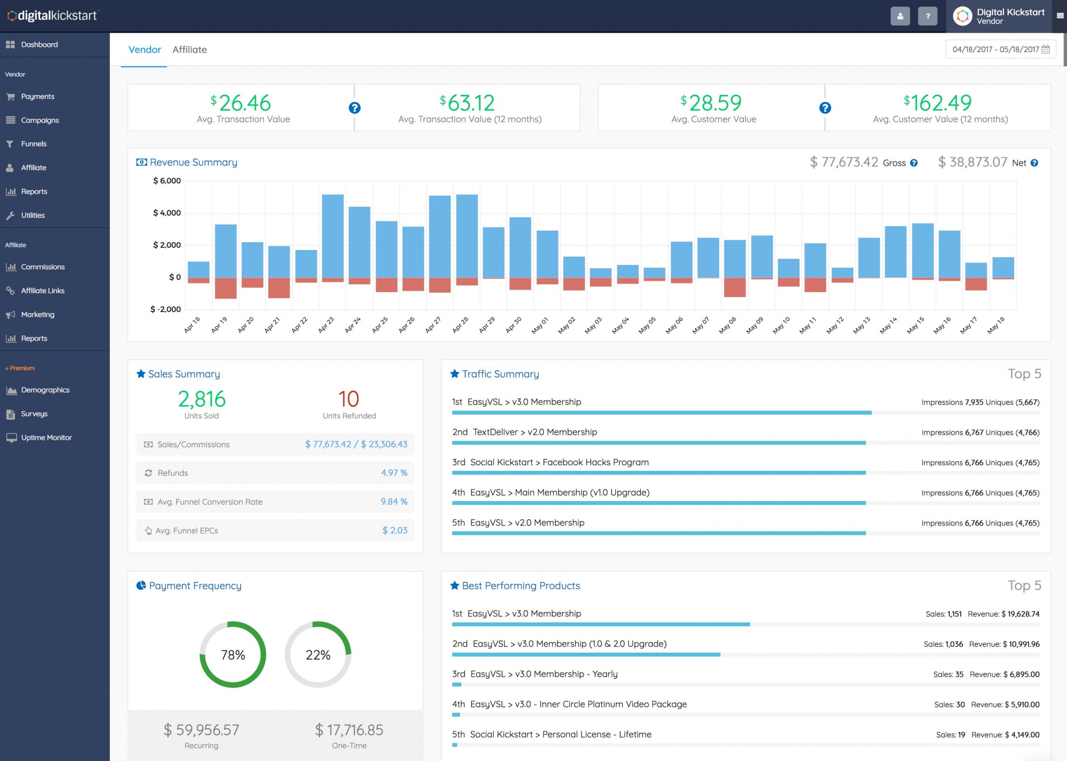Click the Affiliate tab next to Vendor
click(189, 49)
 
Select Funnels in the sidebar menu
click(33, 144)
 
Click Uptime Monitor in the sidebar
click(46, 438)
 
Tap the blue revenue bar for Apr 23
click(332, 235)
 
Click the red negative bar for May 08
click(735, 287)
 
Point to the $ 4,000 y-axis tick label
click(167, 213)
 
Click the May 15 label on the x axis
click(915, 325)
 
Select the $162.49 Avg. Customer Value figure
click(938, 103)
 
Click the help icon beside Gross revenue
click(914, 163)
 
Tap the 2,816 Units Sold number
click(202, 400)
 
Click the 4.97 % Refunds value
click(394, 473)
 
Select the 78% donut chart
click(233, 655)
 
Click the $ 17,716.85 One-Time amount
click(349, 730)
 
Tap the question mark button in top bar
click(927, 16)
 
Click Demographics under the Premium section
click(45, 390)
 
